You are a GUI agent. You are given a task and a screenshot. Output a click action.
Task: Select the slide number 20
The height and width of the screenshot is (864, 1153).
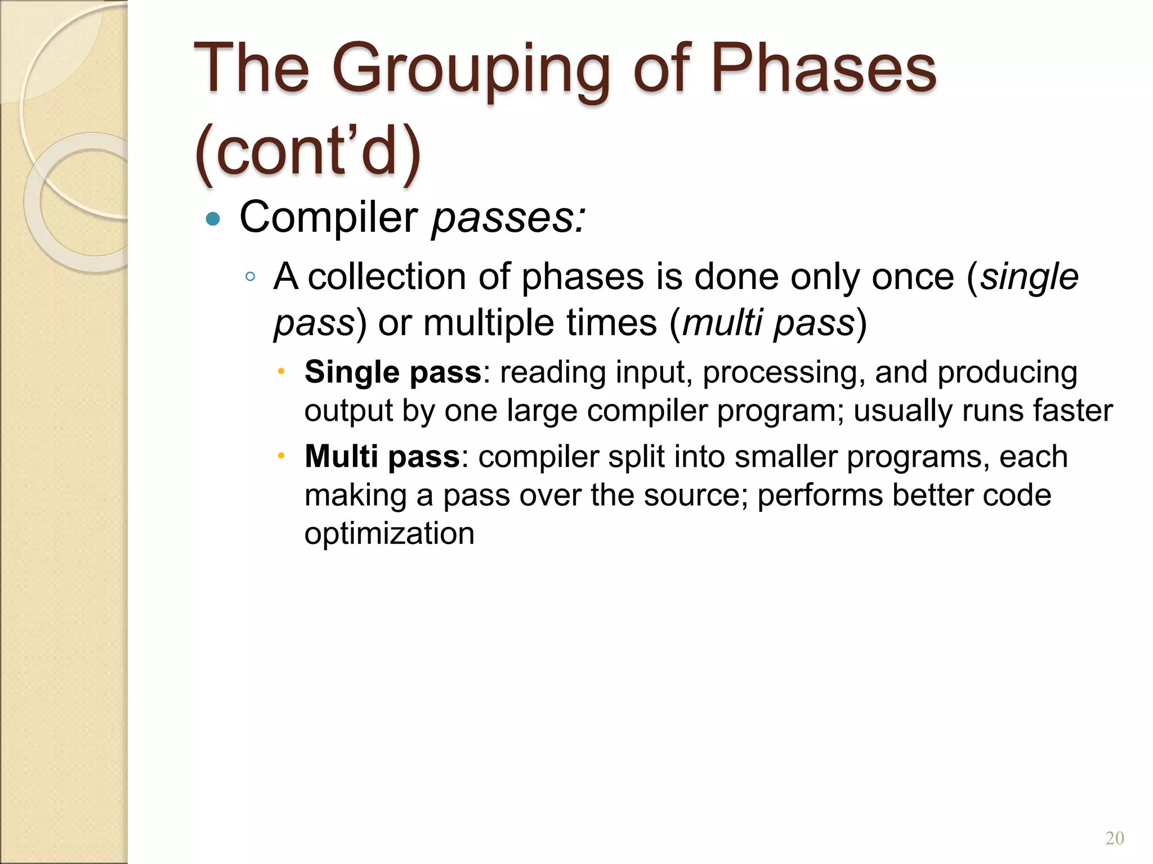(x=1114, y=838)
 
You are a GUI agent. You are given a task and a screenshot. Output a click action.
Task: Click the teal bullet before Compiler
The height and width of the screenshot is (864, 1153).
(x=213, y=219)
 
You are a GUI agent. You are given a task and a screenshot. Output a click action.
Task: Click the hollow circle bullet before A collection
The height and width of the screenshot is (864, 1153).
(x=251, y=276)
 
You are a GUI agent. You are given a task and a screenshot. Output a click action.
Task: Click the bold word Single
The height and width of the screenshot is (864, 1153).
(x=352, y=372)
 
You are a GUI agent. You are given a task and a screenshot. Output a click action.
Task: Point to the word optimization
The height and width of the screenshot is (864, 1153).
(x=389, y=533)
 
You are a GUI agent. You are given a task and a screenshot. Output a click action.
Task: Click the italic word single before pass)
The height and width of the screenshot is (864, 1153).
(x=1029, y=277)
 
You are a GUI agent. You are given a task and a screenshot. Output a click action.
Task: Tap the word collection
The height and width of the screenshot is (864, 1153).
(x=387, y=277)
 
